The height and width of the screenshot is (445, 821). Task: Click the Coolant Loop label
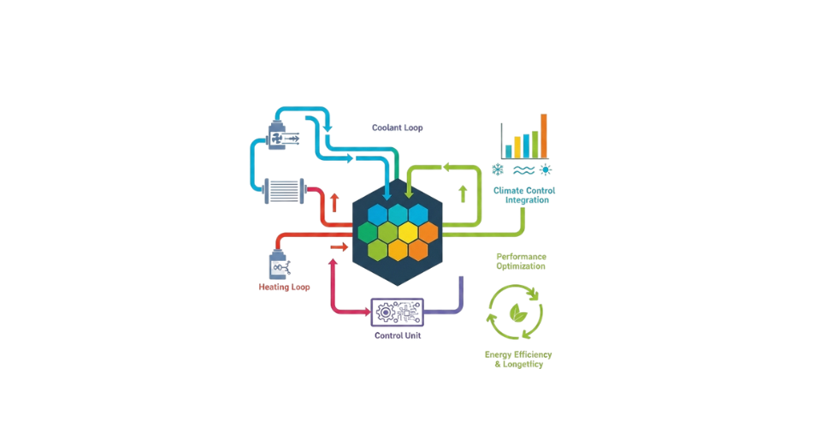tap(397, 128)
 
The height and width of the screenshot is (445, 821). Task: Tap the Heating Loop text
tap(284, 287)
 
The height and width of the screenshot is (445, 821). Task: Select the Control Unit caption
tap(398, 335)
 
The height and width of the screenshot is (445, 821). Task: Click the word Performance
tap(521, 257)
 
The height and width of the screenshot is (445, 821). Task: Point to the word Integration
tap(527, 199)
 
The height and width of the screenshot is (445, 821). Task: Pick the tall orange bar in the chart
tap(544, 136)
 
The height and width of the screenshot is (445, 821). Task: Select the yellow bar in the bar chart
tap(517, 147)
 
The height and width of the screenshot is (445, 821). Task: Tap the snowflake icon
tap(498, 169)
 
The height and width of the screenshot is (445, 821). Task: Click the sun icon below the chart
tap(546, 169)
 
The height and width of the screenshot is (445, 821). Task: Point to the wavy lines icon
tap(523, 169)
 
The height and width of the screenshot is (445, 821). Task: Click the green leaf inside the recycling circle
tap(518, 312)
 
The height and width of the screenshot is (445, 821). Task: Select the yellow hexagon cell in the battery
tap(408, 232)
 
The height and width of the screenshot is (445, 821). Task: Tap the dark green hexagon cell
tap(368, 232)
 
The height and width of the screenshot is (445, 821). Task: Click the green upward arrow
tap(463, 194)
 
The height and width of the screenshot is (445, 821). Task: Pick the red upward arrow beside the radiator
tap(334, 202)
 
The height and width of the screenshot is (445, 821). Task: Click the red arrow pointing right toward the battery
tap(339, 246)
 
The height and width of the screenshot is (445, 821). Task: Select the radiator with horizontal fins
tap(284, 191)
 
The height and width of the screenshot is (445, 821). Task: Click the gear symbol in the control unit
tap(386, 312)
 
